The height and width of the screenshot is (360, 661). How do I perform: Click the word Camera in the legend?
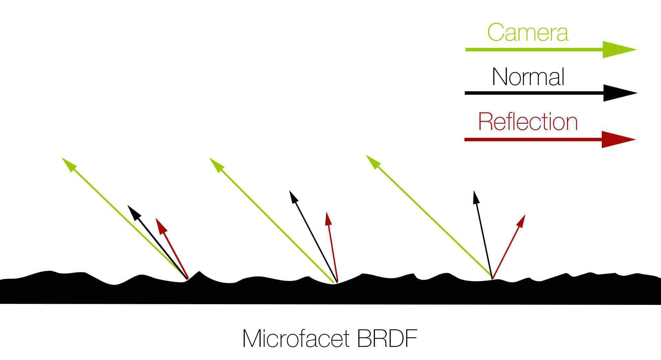527,32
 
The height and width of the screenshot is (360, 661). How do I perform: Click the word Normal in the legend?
528,77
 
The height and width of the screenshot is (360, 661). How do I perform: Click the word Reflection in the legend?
528,122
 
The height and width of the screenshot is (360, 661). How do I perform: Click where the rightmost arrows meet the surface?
492,278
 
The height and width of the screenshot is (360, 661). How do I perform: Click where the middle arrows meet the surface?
335,282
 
